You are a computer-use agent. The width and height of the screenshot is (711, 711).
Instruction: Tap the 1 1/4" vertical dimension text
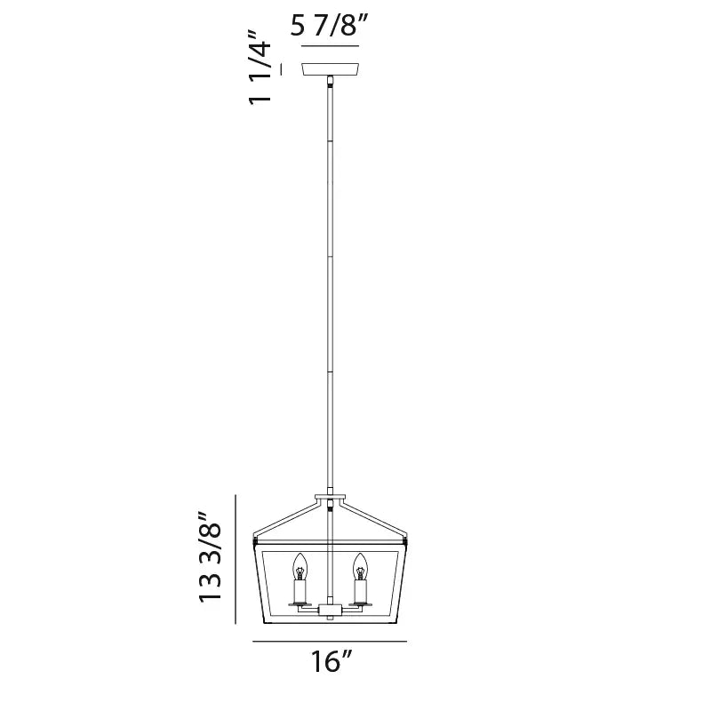point(260,68)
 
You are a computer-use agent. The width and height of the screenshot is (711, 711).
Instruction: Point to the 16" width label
point(332,661)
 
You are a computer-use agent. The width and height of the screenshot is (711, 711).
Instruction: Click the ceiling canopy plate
point(331,69)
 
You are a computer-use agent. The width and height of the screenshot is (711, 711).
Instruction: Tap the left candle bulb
point(300,566)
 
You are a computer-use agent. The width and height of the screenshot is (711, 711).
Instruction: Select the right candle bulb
point(360,566)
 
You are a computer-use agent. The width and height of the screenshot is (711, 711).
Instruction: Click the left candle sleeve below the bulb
point(300,591)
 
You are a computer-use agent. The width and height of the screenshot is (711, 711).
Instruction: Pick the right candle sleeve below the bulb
point(360,591)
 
